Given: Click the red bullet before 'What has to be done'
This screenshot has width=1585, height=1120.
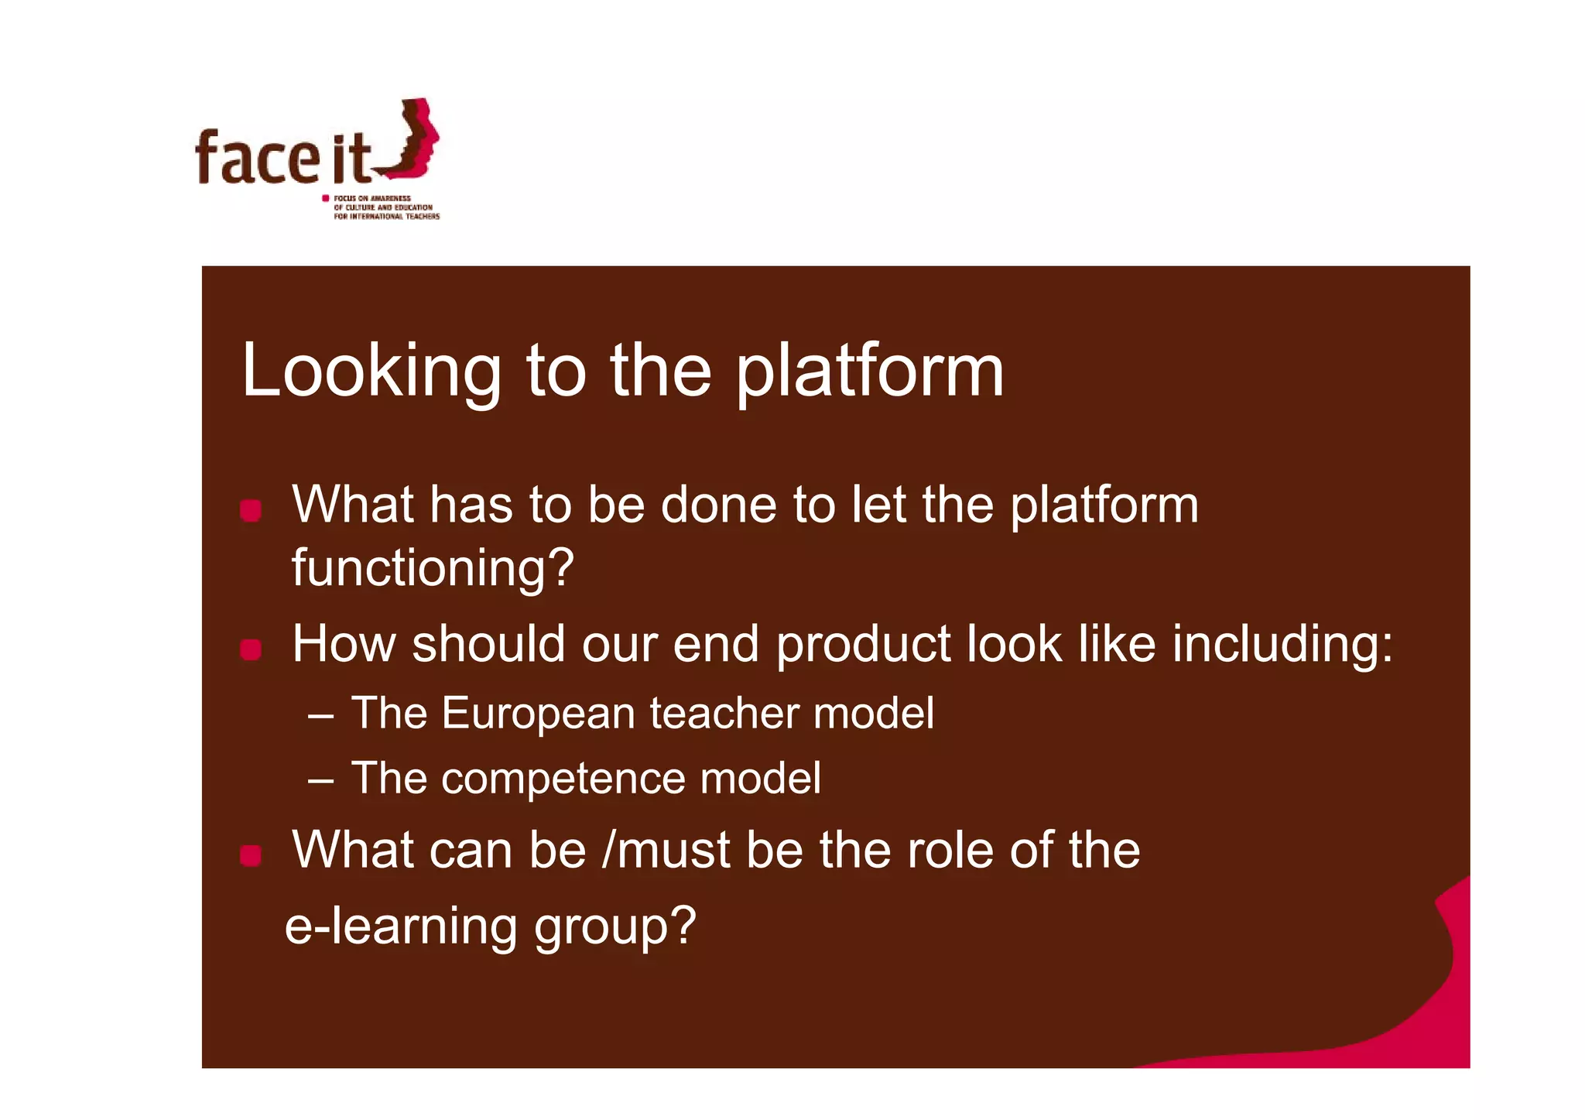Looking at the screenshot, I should tap(250, 510).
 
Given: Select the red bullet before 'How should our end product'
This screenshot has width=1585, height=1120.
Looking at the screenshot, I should tap(250, 649).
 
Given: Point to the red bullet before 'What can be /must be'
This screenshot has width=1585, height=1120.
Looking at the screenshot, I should tap(250, 855).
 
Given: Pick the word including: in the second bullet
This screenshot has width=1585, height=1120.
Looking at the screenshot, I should tap(1282, 644).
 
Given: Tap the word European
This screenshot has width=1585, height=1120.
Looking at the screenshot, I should tap(538, 713).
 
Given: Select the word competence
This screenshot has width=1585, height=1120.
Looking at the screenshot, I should tap(563, 778).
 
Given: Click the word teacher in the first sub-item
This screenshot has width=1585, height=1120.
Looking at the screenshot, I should tap(724, 713).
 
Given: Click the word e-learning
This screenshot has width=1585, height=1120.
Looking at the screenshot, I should tap(400, 926).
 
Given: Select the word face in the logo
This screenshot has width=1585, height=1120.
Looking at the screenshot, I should tap(257, 159).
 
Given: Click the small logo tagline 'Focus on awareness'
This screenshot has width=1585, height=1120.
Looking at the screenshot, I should tap(371, 199).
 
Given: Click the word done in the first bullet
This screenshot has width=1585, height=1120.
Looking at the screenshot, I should tap(718, 505).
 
